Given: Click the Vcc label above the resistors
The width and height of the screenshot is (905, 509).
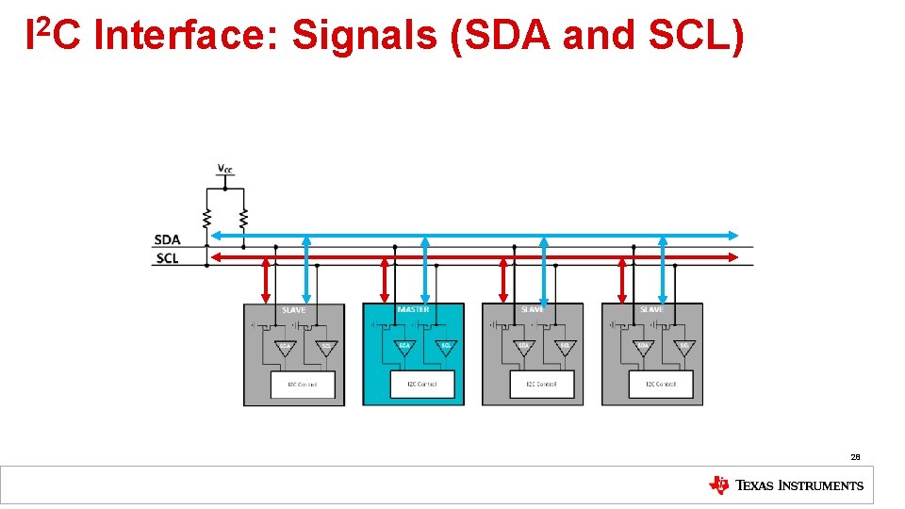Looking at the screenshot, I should point(225,169).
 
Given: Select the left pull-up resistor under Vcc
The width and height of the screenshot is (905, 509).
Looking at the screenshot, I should point(206,218).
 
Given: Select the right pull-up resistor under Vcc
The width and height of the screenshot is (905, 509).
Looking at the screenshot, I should point(244,218).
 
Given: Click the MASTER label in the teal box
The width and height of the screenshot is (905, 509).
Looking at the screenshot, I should point(413,310).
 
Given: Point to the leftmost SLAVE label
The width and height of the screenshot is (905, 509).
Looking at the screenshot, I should point(294,310).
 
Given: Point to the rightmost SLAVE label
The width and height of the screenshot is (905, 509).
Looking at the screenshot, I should point(651,310).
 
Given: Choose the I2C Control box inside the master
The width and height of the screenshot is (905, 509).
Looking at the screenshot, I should point(422,385).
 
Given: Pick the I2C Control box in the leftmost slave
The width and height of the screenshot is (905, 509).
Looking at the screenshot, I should point(303,385).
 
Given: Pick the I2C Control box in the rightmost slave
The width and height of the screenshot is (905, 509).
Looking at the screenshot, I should point(661,385).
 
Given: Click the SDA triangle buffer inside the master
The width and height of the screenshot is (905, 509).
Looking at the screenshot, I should point(404,347).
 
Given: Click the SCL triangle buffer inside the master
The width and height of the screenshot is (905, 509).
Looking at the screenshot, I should point(446,347).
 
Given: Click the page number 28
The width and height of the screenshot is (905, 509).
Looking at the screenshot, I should point(855,457).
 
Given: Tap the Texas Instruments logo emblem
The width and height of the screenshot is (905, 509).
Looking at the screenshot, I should point(718,485).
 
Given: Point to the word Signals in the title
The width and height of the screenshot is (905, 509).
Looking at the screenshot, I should point(365,36).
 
